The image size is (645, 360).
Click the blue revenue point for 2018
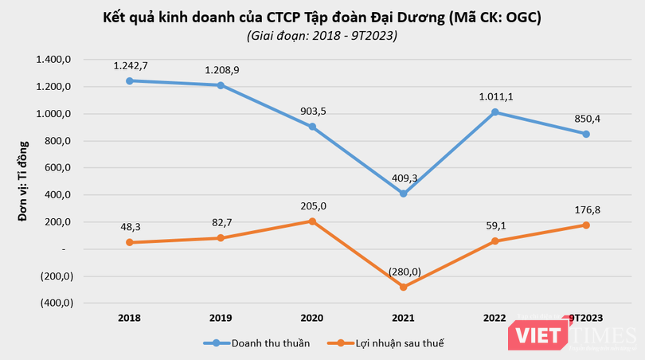128,80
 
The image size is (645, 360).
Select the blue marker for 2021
403,194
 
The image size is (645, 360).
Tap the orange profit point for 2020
311,221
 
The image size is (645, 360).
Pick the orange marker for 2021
403,287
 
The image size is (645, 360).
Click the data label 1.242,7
128,65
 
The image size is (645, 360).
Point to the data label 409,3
403,178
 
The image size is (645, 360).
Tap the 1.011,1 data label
494,96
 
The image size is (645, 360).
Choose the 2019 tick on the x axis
220,318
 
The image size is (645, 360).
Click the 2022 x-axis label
494,318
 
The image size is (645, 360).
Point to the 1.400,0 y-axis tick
55,60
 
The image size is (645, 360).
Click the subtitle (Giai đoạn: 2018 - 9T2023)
322,35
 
